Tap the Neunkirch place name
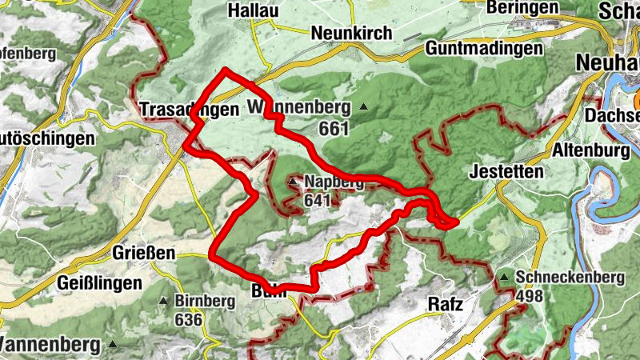352,34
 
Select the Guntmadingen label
485,48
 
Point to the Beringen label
521,7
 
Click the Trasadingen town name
190,110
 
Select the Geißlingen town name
100,283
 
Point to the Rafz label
446,304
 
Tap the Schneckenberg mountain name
570,278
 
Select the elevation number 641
318,200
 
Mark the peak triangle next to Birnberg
164,302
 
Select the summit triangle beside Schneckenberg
504,278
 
